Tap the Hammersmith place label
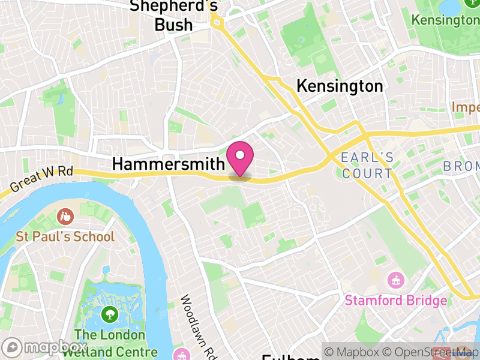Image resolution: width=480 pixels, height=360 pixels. click(x=169, y=164)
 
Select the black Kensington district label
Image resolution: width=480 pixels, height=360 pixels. click(x=340, y=86)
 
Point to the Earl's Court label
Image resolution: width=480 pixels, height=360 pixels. click(x=367, y=166)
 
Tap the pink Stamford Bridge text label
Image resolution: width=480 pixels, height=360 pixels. click(x=396, y=300)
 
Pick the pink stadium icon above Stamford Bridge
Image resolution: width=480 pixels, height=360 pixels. click(x=396, y=280)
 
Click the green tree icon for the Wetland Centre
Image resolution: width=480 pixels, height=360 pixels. click(x=109, y=314)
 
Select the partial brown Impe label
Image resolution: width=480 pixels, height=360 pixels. click(x=466, y=107)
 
